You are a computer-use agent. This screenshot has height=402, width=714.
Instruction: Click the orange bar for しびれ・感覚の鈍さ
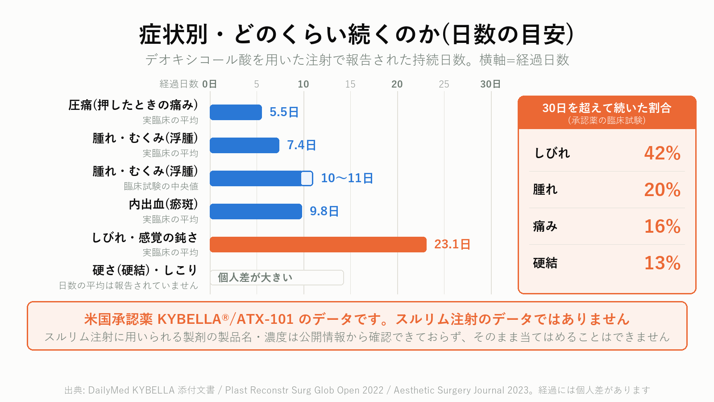click(318, 244)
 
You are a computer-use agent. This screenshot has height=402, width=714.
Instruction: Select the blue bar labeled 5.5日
click(236, 112)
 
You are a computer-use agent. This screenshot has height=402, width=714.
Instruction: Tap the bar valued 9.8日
click(256, 212)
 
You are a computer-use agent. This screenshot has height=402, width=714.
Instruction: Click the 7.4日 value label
click(301, 145)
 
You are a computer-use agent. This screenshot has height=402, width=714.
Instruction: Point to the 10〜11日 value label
click(347, 178)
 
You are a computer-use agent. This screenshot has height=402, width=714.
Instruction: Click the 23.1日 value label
click(452, 244)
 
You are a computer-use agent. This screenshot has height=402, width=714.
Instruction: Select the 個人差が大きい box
click(277, 277)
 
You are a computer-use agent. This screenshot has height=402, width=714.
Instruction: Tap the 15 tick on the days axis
click(350, 84)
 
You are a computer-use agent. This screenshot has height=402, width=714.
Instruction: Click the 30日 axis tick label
click(490, 84)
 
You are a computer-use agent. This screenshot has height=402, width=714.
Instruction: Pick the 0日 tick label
click(209, 84)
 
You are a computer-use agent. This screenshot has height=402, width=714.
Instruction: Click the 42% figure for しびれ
click(662, 153)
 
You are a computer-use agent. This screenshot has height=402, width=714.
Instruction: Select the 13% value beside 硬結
click(662, 263)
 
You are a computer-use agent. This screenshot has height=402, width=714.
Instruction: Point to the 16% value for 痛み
click(662, 226)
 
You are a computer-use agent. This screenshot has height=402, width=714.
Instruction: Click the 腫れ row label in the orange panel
click(545, 190)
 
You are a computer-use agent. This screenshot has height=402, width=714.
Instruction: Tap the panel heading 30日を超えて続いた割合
click(607, 108)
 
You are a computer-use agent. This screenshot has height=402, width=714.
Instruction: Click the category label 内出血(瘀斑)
click(163, 205)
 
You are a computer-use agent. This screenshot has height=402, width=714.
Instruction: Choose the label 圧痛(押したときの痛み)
click(133, 105)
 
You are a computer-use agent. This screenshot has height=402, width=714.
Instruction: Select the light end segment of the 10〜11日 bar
click(307, 178)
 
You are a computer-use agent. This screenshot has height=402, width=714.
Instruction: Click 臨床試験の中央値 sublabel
click(161, 186)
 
